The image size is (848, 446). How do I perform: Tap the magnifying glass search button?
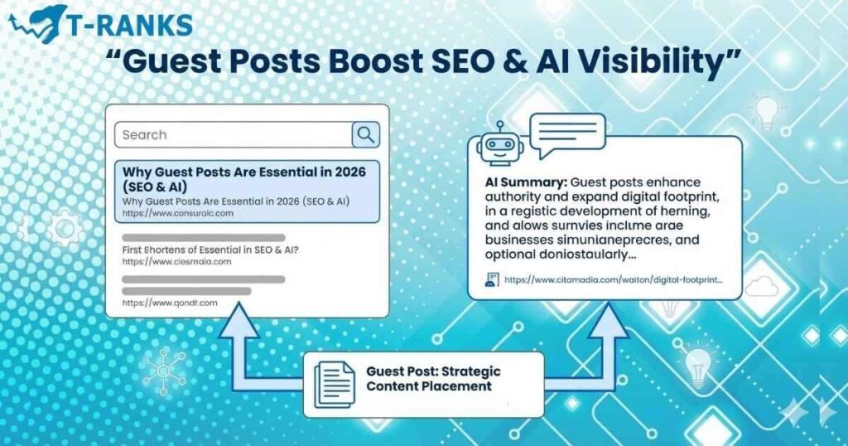[365, 134]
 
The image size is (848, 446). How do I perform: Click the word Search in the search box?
[145, 134]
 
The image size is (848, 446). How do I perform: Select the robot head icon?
[500, 146]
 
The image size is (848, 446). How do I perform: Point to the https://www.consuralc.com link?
[178, 213]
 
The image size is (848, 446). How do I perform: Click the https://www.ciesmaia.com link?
[176, 261]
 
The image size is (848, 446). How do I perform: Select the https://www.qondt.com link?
[170, 303]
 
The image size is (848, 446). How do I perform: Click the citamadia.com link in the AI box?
[613, 280]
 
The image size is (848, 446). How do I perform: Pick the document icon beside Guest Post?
[335, 384]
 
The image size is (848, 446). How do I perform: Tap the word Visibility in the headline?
[648, 63]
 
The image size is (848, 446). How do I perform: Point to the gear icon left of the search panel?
[65, 229]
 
